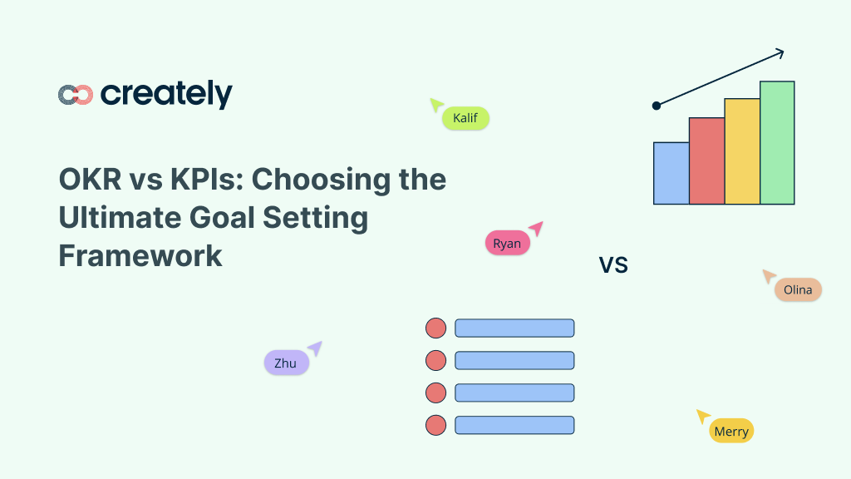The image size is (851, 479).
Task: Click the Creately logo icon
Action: pyautogui.click(x=76, y=95)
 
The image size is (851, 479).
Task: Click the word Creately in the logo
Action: pyautogui.click(x=166, y=94)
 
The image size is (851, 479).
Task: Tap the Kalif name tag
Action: pyautogui.click(x=465, y=118)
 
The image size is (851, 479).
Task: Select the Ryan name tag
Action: pyautogui.click(x=507, y=243)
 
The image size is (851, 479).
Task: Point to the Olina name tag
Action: pyautogui.click(x=798, y=289)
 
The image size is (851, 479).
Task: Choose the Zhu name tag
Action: pyautogui.click(x=286, y=363)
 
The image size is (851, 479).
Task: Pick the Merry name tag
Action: pyautogui.click(x=731, y=431)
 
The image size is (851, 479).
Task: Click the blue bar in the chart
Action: pyautogui.click(x=671, y=173)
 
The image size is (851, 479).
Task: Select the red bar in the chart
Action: pyautogui.click(x=706, y=160)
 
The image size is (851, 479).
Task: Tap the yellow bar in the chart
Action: pyautogui.click(x=742, y=151)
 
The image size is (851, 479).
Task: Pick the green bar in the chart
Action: pyautogui.click(x=777, y=142)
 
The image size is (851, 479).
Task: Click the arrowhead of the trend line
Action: pyautogui.click(x=780, y=54)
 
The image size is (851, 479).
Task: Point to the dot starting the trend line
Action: pyautogui.click(x=657, y=106)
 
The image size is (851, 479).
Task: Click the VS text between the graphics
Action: pyautogui.click(x=613, y=265)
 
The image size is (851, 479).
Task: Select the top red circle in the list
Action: pyautogui.click(x=435, y=328)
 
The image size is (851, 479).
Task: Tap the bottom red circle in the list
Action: pyautogui.click(x=435, y=425)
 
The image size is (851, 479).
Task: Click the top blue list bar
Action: pyautogui.click(x=514, y=328)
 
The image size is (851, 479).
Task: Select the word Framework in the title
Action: pyautogui.click(x=140, y=255)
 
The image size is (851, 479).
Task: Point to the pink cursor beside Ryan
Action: pyautogui.click(x=537, y=227)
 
